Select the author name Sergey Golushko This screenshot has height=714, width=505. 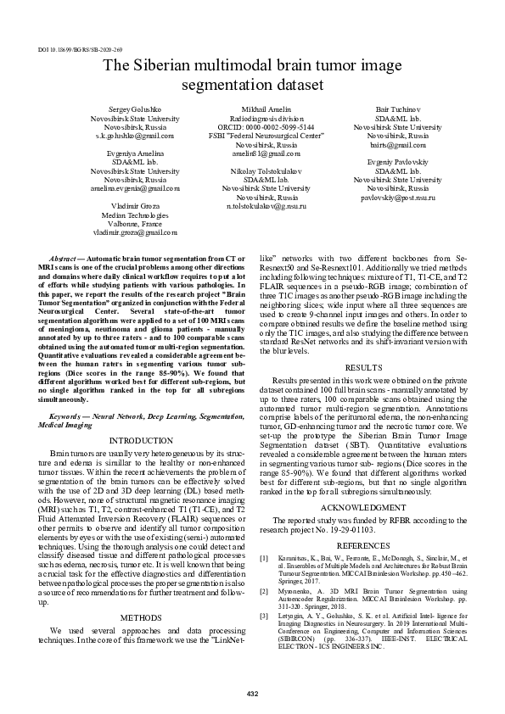(135, 110)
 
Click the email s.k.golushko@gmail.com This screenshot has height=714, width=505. (135, 136)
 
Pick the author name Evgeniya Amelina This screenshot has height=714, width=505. (135, 153)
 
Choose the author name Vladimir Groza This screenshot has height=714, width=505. (135, 206)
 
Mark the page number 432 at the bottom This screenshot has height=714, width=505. (252, 694)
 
